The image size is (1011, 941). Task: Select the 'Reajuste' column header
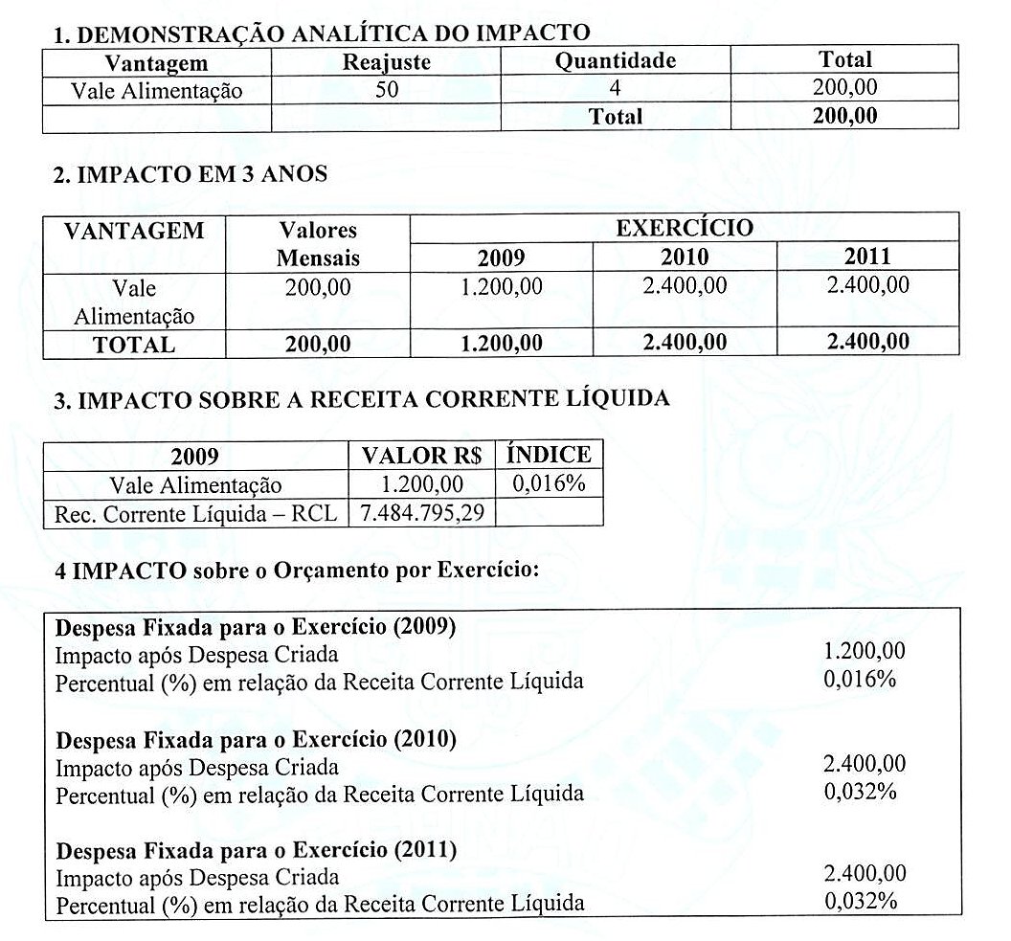point(386,62)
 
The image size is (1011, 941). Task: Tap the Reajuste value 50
point(386,90)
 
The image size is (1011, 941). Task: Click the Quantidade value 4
point(615,90)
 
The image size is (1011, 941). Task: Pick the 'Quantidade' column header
point(616,61)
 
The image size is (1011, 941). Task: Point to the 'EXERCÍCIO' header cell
point(684,229)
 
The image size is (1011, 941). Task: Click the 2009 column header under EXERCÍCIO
point(501,257)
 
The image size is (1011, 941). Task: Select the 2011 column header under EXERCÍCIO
point(867,256)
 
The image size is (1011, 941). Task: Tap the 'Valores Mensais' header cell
point(318,244)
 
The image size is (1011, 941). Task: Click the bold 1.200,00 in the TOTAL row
point(501,344)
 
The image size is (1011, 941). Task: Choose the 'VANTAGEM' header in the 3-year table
point(134,231)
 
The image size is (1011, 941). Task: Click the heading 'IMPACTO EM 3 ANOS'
point(191,174)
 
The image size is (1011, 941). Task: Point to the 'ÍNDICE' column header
point(549,455)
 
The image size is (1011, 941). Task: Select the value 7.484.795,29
point(422,513)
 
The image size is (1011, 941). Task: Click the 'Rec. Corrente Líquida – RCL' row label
point(195,514)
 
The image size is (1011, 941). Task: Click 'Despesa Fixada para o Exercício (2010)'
point(256,740)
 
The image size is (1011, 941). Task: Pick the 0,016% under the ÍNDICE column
point(549,483)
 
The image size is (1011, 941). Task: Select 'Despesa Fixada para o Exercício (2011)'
point(256,850)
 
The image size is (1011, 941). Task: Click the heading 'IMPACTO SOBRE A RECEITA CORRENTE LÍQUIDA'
point(361,399)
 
